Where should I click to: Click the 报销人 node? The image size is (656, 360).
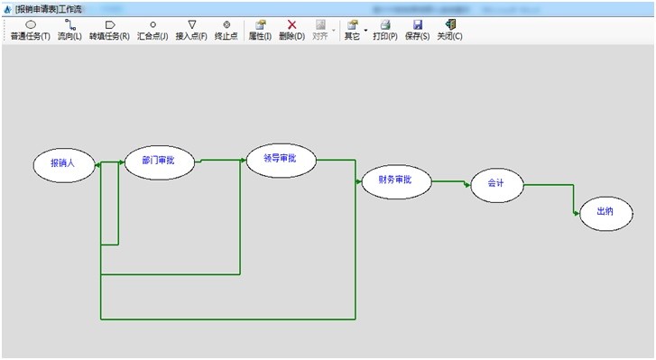(64, 162)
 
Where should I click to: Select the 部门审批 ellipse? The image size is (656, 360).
(160, 162)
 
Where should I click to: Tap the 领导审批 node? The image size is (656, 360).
(282, 160)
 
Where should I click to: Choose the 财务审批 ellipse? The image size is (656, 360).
(396, 181)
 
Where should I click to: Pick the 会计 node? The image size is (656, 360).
(497, 185)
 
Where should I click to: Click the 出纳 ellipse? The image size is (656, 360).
(605, 213)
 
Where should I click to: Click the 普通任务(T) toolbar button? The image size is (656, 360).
(30, 31)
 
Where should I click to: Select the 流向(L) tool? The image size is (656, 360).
(69, 31)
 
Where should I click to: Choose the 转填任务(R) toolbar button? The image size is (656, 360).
(109, 31)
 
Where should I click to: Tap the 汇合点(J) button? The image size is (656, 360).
(152, 31)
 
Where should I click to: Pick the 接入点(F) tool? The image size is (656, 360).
(191, 31)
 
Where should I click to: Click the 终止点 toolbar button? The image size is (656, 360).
(226, 31)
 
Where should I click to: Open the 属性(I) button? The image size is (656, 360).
(260, 31)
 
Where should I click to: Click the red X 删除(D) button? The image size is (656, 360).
(292, 31)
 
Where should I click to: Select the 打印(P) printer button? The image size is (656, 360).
(385, 31)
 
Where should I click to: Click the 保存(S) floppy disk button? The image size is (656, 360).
(417, 31)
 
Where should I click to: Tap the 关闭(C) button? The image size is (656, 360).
(449, 31)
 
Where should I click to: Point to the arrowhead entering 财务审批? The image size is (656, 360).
(358, 181)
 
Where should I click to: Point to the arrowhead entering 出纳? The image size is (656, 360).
(577, 213)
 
